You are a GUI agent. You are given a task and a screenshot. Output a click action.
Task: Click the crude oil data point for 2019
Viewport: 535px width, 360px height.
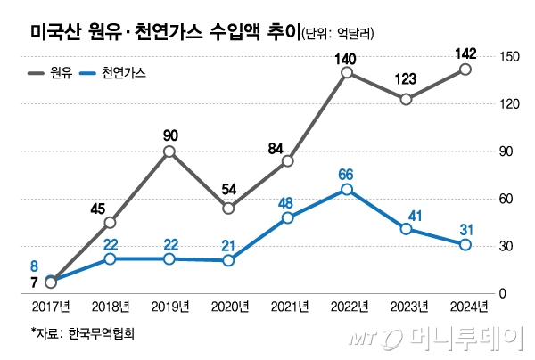point(169,152)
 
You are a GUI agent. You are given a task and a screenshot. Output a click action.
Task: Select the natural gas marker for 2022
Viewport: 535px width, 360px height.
point(347,190)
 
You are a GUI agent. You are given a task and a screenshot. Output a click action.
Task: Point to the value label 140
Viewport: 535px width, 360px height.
point(346,59)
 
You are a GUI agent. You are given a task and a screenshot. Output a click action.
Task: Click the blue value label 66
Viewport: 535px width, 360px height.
point(347,171)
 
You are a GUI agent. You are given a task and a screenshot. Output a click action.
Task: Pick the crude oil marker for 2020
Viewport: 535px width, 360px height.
point(228,209)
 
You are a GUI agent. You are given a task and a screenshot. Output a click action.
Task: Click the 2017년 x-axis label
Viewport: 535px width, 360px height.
point(51,307)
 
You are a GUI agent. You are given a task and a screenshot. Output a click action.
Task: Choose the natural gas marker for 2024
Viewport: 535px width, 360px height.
point(465,245)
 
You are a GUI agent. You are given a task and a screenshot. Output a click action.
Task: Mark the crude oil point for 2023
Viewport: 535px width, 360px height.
point(406,100)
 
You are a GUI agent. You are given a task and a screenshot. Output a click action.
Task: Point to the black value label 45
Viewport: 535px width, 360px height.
point(98,209)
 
